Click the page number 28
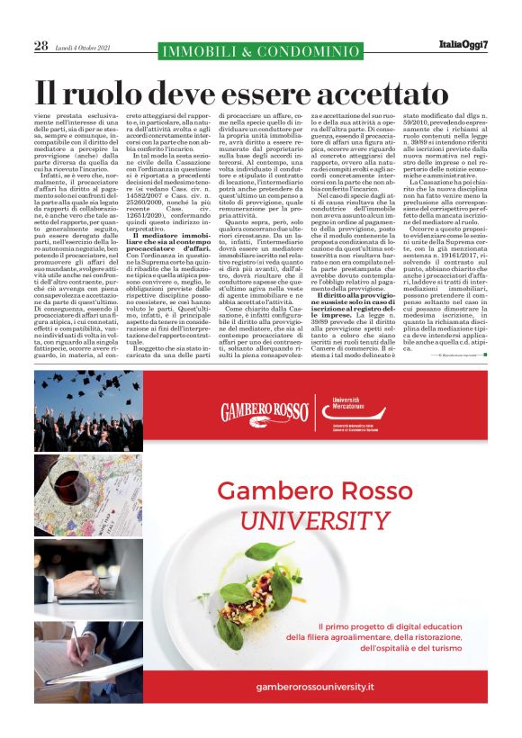tap(41, 46)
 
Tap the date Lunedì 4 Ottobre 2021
tap(84, 47)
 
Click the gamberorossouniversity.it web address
tap(315, 686)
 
